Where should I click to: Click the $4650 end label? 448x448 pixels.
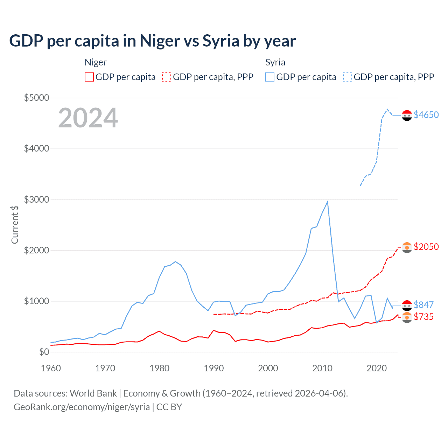point(426,115)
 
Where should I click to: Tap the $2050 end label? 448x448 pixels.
point(426,247)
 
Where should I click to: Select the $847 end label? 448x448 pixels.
point(423,305)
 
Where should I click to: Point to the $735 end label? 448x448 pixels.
point(423,317)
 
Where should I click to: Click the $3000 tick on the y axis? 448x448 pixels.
point(36,199)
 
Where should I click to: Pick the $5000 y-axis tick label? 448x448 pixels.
point(36,98)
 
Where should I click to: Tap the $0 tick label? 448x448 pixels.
point(44,352)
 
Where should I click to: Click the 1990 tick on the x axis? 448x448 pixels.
point(214,368)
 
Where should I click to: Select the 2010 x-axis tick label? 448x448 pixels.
point(322,368)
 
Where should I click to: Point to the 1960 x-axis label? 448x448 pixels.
point(51,368)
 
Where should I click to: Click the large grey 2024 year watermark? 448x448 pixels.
point(88,118)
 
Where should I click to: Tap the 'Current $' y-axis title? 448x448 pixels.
point(15,225)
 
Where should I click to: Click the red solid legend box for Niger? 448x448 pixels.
point(89,77)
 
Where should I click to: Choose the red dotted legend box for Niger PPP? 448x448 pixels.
point(167,77)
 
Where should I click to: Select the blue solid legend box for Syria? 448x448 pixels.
point(270,77)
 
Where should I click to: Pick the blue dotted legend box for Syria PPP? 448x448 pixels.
point(348,77)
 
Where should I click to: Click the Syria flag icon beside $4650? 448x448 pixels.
point(407,115)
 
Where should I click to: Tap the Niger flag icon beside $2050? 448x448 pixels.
point(407,247)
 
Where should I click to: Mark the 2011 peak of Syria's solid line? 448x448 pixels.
point(327,202)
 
